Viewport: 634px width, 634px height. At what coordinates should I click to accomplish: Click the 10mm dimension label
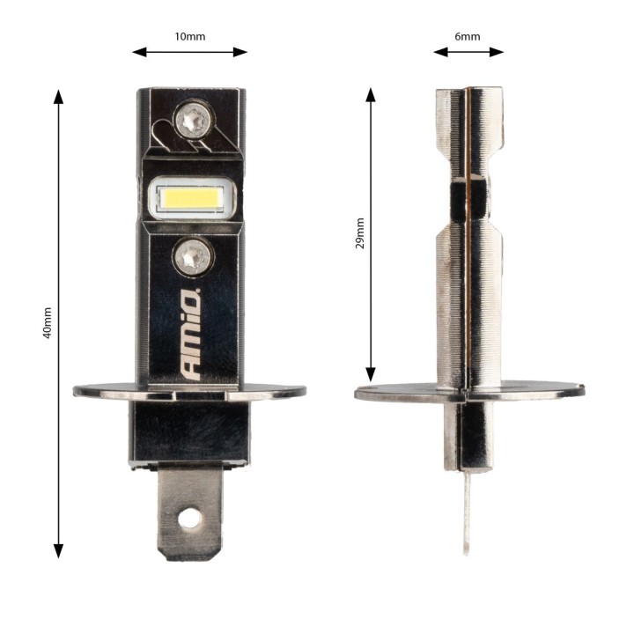(189, 37)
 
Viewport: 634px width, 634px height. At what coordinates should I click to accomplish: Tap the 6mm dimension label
(468, 37)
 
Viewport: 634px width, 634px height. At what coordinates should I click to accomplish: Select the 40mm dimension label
(48, 322)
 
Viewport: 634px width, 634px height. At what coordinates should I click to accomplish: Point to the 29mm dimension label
(359, 233)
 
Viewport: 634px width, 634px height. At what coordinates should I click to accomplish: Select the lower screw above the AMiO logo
(193, 256)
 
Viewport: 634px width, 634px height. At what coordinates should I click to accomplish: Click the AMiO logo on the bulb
(191, 334)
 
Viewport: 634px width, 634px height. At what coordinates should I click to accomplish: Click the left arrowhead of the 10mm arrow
(139, 52)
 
